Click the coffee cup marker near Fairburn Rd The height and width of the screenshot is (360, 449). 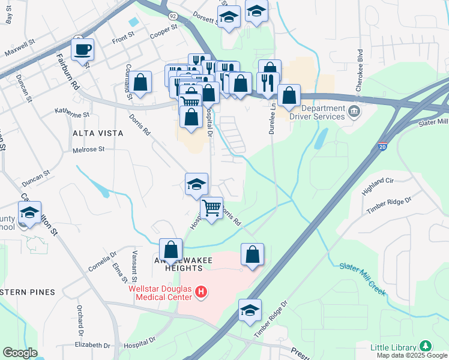point(82,49)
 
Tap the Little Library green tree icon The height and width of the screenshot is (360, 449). point(426,346)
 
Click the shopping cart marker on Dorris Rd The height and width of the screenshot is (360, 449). point(211,208)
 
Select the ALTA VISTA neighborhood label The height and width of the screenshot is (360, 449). point(97,133)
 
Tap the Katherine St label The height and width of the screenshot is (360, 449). point(72,112)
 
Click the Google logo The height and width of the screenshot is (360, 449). point(20,352)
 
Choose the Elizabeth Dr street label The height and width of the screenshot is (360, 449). point(92,346)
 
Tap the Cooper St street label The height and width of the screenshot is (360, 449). point(164,31)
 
